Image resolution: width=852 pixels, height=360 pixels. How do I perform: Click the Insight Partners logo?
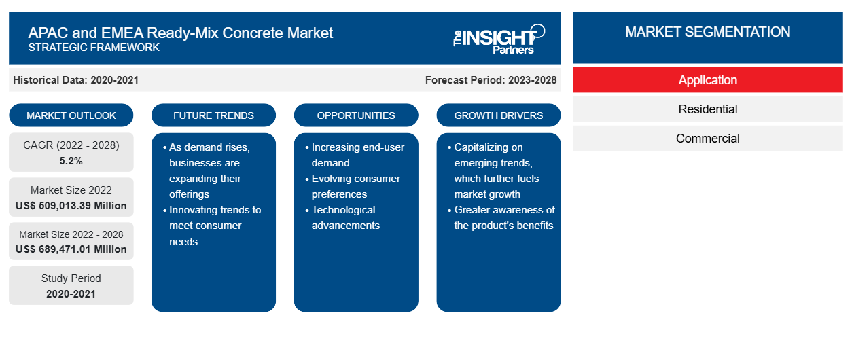click(499, 39)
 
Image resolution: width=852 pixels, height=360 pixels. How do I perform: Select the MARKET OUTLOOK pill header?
click(71, 115)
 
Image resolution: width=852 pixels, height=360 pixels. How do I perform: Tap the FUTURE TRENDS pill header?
click(213, 115)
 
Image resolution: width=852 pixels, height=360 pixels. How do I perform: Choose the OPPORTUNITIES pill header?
click(356, 115)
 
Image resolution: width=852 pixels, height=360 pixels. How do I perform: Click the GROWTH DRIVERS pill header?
click(498, 115)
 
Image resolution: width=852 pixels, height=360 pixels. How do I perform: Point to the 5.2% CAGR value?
click(71, 161)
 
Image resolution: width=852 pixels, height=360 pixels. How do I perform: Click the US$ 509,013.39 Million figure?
click(71, 206)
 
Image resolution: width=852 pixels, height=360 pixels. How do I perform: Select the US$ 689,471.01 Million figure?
click(71, 249)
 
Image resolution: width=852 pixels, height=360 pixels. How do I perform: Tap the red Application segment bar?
click(707, 80)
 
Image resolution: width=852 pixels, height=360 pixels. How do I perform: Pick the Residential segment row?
click(707, 109)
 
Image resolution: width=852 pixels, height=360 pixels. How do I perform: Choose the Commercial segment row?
click(707, 139)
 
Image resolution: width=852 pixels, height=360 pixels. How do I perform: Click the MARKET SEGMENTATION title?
click(707, 32)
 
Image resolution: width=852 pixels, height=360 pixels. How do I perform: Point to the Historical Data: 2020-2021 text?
click(75, 80)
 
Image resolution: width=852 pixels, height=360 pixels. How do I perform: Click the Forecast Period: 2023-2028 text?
click(491, 80)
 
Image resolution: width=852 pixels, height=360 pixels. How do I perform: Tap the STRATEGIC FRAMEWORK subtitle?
click(94, 48)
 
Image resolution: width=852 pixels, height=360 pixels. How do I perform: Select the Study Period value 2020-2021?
click(71, 294)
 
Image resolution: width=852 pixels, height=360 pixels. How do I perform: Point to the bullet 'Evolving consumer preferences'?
click(353, 186)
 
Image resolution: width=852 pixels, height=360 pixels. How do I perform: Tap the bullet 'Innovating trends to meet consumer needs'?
click(212, 226)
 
